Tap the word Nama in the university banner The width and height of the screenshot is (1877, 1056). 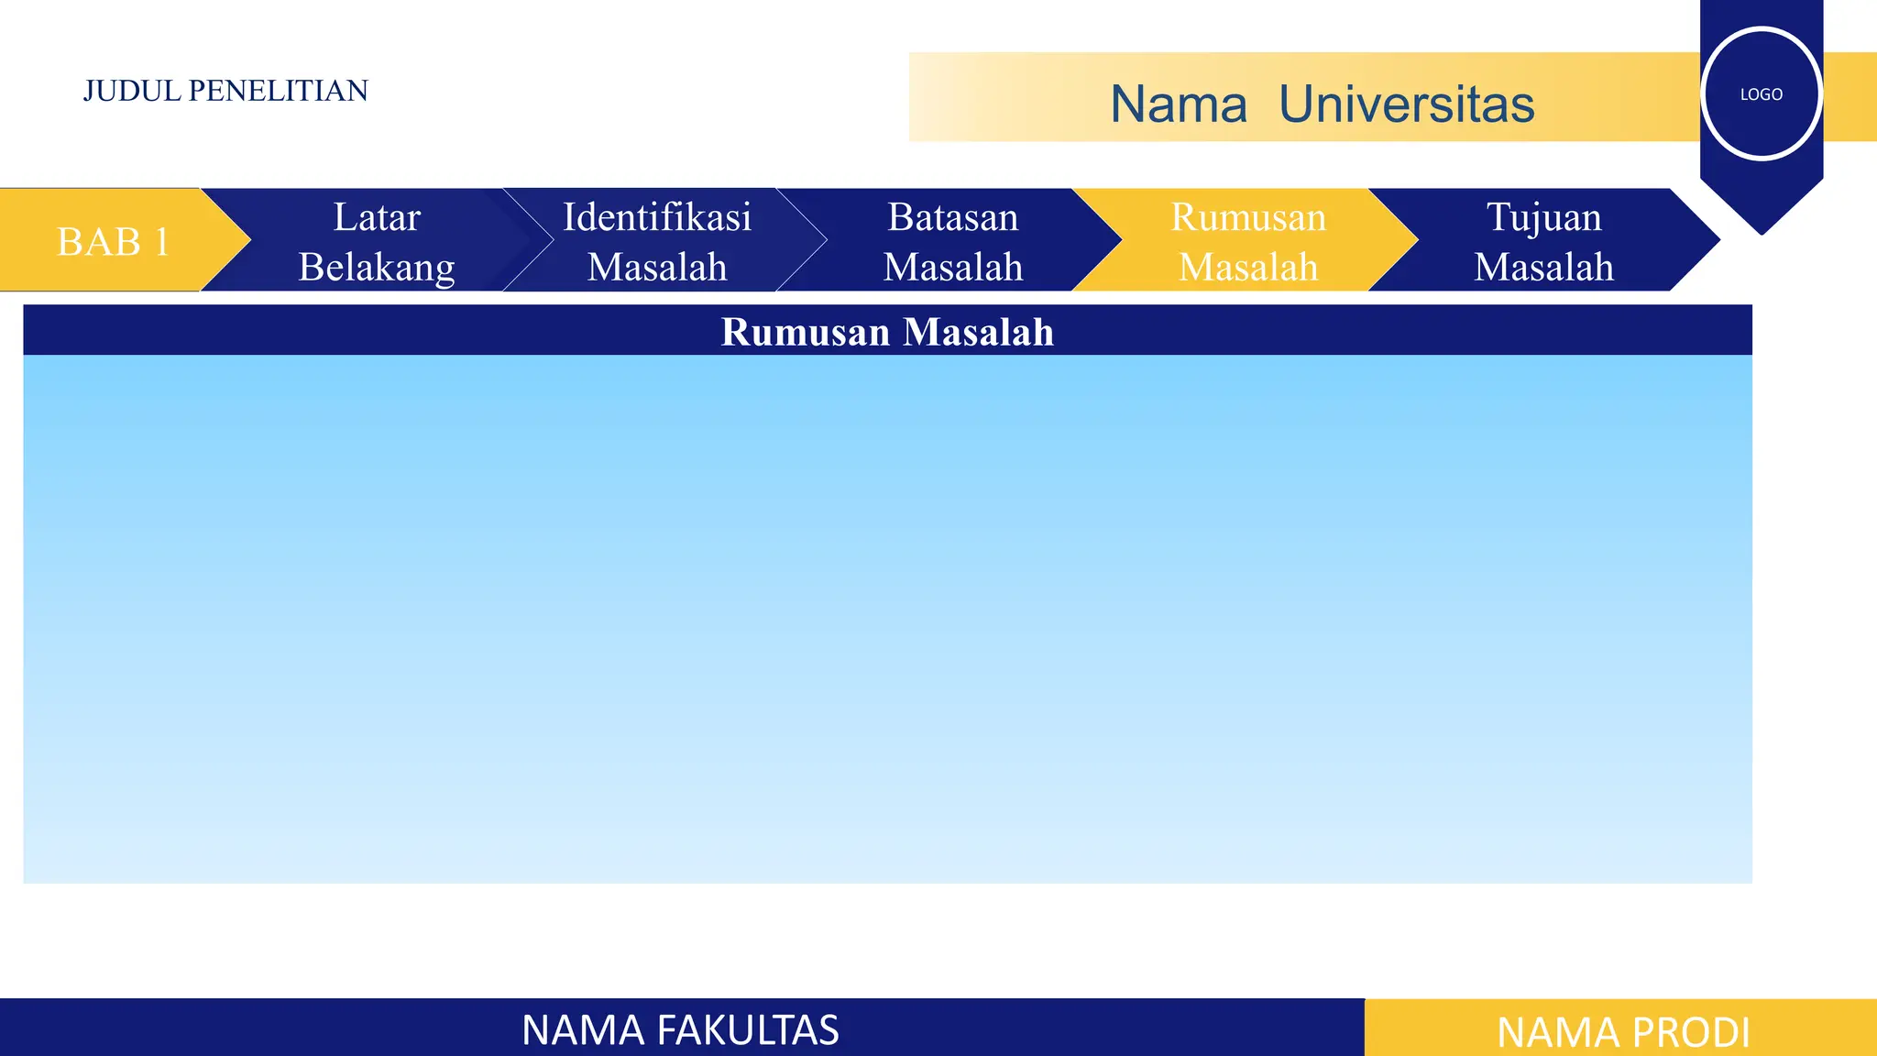1179,104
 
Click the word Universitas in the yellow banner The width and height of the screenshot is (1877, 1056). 1406,104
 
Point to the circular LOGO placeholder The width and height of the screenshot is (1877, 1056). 1761,93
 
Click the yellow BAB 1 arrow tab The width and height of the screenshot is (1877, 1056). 112,241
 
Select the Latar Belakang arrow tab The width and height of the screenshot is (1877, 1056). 377,241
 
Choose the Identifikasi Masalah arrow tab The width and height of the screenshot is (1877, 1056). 657,241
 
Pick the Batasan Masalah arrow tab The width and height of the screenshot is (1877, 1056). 952,241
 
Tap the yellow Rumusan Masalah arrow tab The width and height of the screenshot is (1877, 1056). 1248,241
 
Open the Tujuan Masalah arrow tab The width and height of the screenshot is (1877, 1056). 1544,241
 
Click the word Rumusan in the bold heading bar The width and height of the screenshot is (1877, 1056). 805,332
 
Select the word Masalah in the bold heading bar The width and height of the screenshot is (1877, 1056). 978,332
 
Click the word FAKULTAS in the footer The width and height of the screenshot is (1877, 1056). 743,1029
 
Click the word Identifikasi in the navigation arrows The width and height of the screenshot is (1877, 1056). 657,217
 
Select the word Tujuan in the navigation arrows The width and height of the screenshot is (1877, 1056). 1544,217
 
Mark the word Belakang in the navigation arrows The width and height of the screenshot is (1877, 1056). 377,267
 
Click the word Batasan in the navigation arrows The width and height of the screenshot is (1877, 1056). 952,217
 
